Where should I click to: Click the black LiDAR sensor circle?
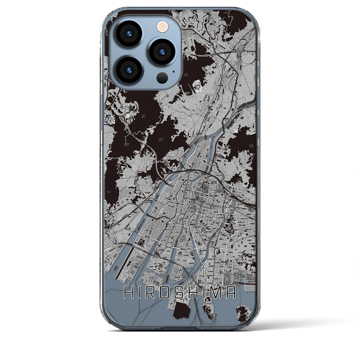[x=162, y=76]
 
